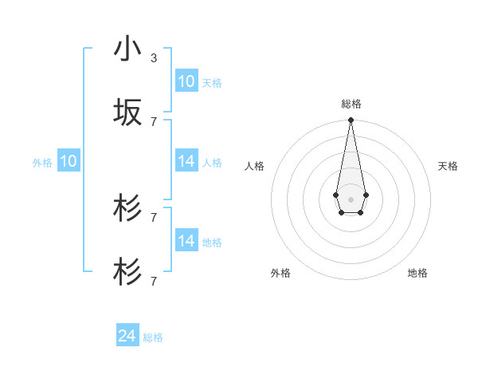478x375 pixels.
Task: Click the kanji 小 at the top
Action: pos(127,49)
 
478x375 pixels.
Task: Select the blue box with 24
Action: pos(127,337)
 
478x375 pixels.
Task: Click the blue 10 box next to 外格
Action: pos(69,162)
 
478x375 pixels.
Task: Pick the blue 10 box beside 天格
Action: pos(186,81)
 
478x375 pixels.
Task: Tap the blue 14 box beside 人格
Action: pos(186,162)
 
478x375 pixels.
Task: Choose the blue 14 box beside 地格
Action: pos(186,241)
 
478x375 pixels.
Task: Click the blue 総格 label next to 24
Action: pos(153,337)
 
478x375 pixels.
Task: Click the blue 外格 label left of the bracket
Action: pos(42,163)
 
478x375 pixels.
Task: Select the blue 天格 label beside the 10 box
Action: pos(212,82)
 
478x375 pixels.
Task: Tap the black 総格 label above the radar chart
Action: pos(351,104)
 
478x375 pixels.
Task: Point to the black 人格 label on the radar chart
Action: pos(255,166)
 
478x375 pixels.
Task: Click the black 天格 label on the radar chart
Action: pos(448,166)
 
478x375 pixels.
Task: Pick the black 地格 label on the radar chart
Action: pos(417,273)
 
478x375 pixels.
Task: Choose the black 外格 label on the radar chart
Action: pos(280,273)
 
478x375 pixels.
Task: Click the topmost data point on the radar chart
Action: pos(351,120)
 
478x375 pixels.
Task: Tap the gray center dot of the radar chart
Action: pos(351,199)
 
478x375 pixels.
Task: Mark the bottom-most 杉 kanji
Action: pos(127,271)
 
